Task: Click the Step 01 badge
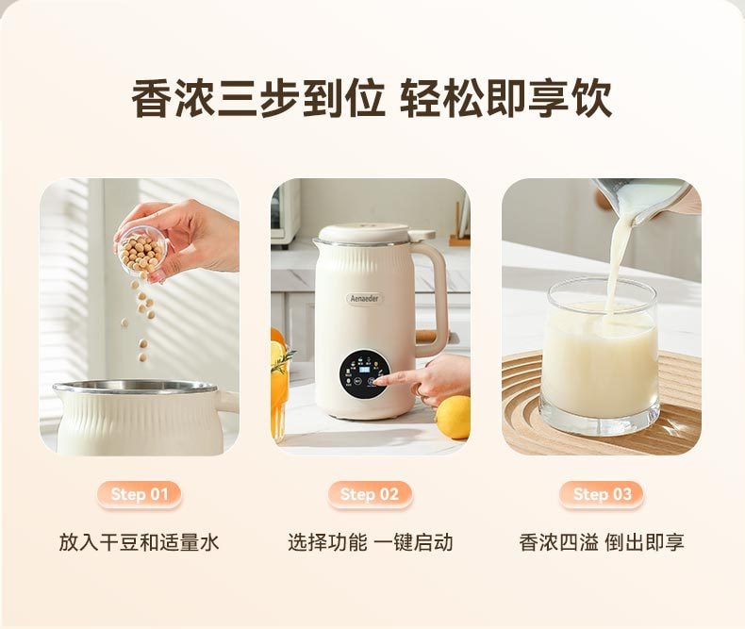pyautogui.click(x=139, y=494)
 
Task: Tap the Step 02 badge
pyautogui.click(x=370, y=494)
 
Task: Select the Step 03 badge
pyautogui.click(x=602, y=494)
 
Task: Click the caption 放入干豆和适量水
pyautogui.click(x=139, y=542)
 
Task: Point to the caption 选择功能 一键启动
pyautogui.click(x=370, y=542)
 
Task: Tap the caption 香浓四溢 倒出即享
pyautogui.click(x=602, y=542)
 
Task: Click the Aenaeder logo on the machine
pyautogui.click(x=364, y=298)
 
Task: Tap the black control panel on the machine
pyautogui.click(x=364, y=373)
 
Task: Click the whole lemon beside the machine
pyautogui.click(x=454, y=417)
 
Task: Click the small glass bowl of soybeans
pyautogui.click(x=141, y=247)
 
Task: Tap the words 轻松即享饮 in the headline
pyautogui.click(x=505, y=99)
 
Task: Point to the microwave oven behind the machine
pyautogui.click(x=285, y=212)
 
